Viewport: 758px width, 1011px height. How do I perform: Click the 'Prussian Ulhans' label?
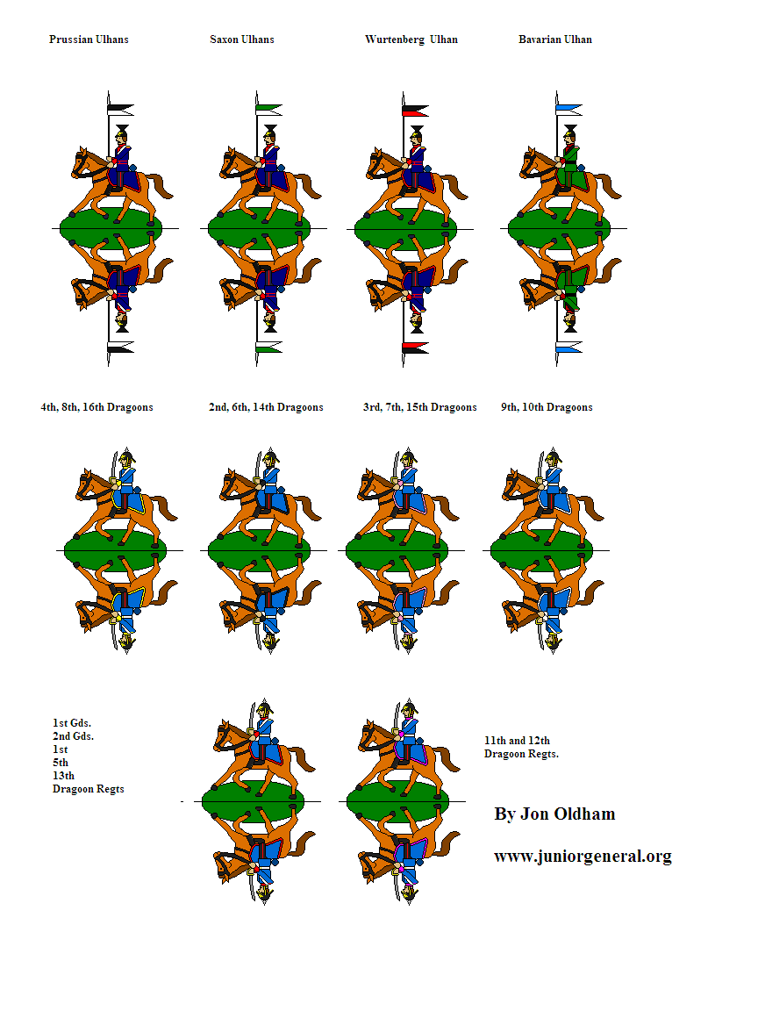click(x=89, y=39)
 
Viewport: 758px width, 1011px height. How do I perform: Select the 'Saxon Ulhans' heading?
click(x=242, y=39)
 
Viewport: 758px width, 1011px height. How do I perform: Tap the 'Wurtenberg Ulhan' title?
click(x=411, y=39)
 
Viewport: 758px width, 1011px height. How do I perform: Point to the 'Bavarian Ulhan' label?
click(x=555, y=39)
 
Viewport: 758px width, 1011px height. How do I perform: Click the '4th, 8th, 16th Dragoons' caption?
click(x=97, y=407)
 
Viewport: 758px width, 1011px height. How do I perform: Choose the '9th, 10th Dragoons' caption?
click(x=547, y=407)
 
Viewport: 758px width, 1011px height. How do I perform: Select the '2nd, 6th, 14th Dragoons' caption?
click(x=266, y=407)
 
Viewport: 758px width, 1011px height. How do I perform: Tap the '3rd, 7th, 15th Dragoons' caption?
click(x=420, y=407)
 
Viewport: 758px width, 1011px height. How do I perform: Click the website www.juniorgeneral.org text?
click(x=583, y=857)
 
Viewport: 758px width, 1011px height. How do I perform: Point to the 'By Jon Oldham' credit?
click(x=554, y=814)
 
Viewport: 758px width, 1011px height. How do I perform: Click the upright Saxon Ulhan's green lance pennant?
click(x=269, y=110)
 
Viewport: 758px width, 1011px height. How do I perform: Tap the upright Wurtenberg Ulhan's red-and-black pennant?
click(x=414, y=111)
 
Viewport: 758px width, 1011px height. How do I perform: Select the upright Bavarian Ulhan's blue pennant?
click(x=568, y=109)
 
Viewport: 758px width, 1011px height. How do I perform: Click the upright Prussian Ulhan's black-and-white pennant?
click(x=120, y=110)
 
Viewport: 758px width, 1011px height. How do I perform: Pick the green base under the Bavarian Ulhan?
click(x=559, y=227)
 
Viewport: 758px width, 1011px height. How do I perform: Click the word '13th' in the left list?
click(x=63, y=776)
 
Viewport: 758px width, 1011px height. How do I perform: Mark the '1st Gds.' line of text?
click(x=72, y=723)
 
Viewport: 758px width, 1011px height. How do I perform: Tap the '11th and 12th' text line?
click(x=517, y=741)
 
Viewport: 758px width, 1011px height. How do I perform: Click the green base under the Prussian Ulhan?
click(x=111, y=227)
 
